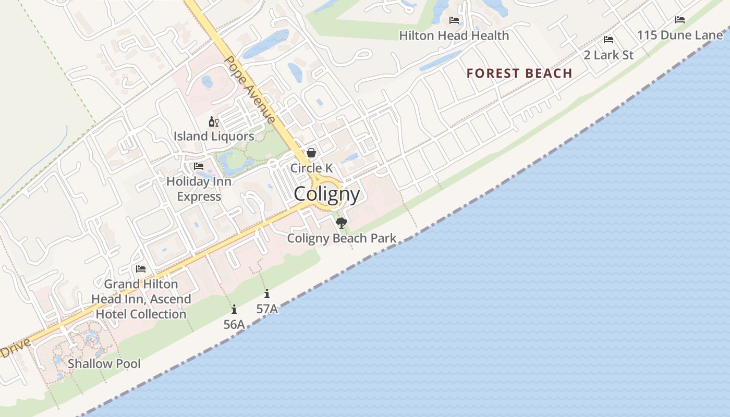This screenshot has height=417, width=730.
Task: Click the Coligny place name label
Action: (327, 194)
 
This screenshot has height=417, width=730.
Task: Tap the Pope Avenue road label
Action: (250, 89)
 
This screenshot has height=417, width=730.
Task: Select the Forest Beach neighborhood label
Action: (519, 73)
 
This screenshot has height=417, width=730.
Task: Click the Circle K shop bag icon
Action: (311, 153)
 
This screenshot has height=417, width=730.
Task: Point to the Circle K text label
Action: (311, 168)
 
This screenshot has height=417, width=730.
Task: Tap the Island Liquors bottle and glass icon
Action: (214, 122)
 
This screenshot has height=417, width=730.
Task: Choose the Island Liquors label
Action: (214, 137)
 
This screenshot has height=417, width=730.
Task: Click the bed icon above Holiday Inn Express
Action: (199, 166)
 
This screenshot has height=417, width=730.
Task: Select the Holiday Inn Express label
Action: (199, 189)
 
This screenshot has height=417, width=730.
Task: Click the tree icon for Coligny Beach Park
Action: (342, 224)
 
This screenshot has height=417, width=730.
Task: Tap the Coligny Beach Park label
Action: (342, 239)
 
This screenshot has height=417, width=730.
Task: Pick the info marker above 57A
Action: (267, 294)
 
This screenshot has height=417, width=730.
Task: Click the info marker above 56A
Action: (234, 310)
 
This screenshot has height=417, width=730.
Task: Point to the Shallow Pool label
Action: (104, 363)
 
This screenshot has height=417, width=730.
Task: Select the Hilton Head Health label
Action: (454, 36)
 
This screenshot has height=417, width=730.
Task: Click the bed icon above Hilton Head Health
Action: (454, 21)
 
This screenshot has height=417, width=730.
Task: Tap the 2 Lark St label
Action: (609, 55)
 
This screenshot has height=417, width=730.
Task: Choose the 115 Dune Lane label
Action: (680, 35)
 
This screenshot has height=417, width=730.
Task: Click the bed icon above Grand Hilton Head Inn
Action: (141, 269)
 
